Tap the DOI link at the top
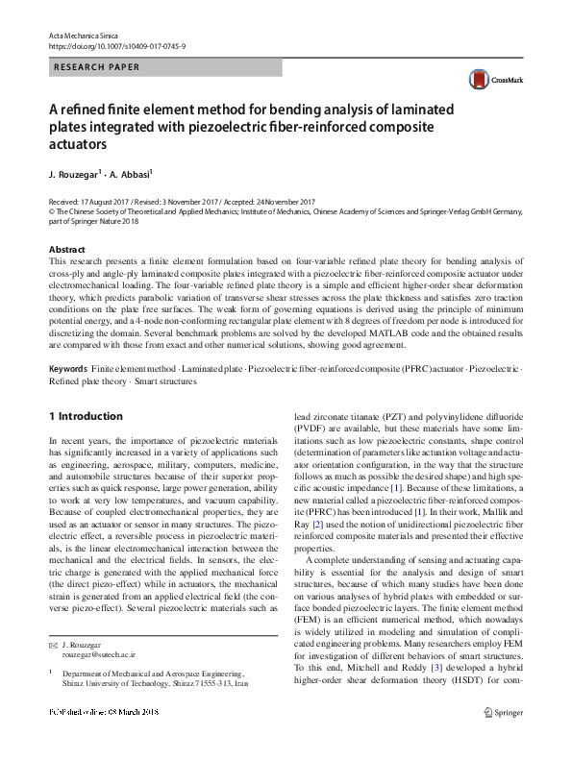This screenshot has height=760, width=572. [x=116, y=46]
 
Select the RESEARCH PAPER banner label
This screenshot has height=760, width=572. [x=96, y=67]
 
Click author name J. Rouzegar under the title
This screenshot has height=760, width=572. [x=75, y=176]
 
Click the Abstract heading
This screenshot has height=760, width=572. [x=66, y=250]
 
